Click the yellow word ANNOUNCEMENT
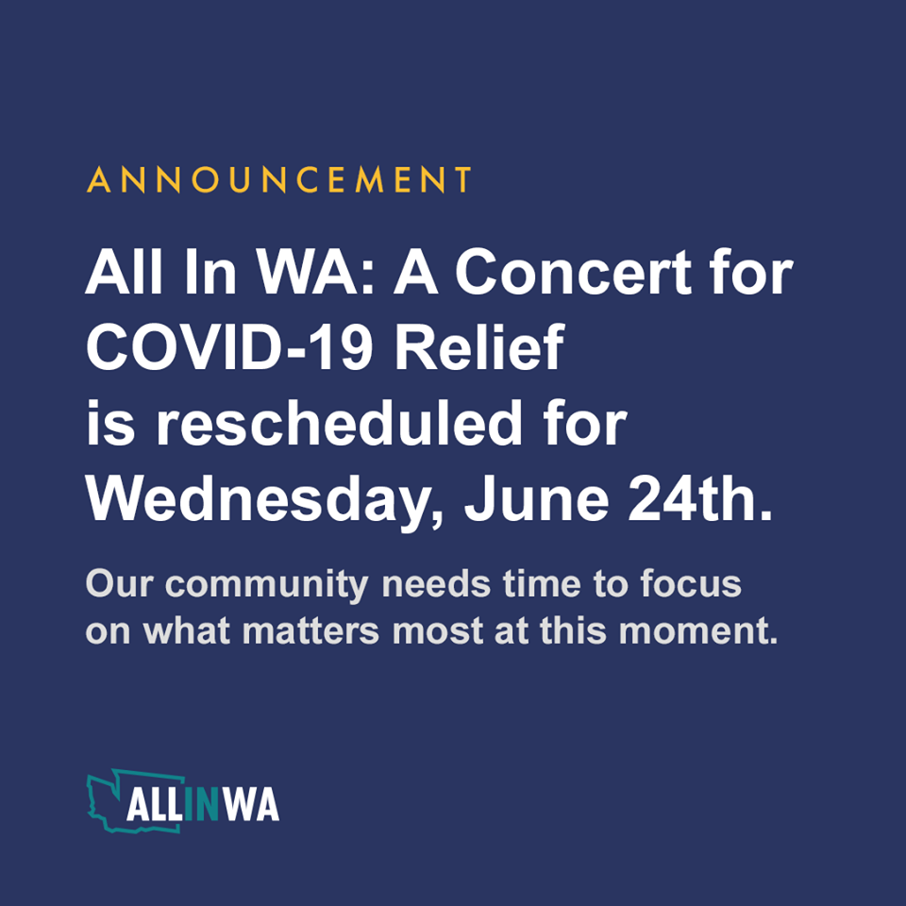click(279, 180)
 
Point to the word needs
click(430, 584)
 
